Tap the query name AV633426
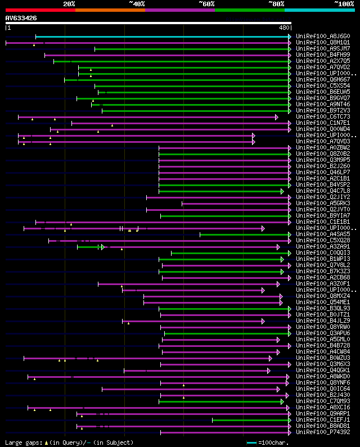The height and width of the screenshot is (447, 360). (x=21, y=18)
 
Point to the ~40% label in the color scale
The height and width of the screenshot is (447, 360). (x=137, y=4)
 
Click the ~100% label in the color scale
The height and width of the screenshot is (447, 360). (x=344, y=4)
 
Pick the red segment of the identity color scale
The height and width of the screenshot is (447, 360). (x=40, y=10)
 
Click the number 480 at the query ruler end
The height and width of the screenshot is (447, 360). (x=284, y=27)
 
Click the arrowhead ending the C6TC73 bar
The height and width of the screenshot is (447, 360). (x=277, y=117)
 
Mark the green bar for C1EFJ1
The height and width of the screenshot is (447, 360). (x=250, y=420)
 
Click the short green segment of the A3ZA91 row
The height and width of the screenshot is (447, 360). (x=88, y=247)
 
